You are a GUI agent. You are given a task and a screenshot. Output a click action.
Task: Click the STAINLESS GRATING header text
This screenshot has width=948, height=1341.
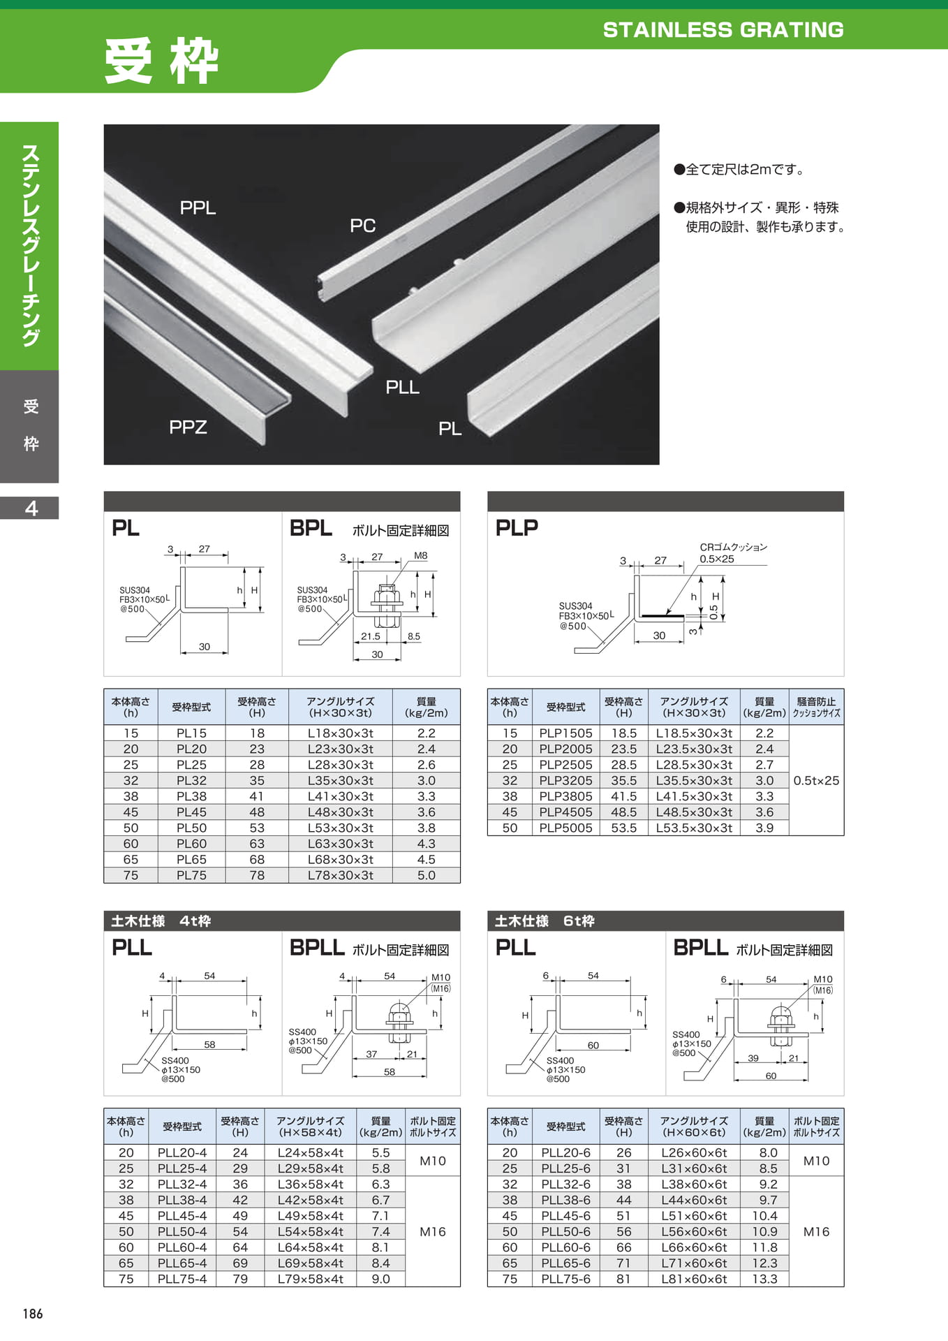tap(723, 30)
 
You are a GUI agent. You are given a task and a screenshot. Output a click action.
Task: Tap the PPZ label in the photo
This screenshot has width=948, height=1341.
tap(188, 427)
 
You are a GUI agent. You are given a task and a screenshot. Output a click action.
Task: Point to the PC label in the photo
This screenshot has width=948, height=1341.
tap(362, 226)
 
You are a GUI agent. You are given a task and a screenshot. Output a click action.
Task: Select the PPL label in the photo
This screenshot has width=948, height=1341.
tap(198, 207)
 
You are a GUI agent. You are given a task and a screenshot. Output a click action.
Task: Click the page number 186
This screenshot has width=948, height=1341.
tap(33, 1314)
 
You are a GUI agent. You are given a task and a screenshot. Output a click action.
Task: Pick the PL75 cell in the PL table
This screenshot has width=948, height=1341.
tap(191, 875)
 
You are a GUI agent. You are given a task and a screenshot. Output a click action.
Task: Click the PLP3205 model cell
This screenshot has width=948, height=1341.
tap(565, 780)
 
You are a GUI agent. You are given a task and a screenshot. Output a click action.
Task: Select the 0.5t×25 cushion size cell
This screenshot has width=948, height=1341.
tap(816, 781)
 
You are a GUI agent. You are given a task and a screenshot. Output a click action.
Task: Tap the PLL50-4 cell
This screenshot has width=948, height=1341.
tap(182, 1231)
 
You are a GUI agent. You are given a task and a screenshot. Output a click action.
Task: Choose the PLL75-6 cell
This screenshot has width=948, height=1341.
tap(565, 1279)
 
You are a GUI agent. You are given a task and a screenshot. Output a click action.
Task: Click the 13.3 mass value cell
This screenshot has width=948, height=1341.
tap(764, 1279)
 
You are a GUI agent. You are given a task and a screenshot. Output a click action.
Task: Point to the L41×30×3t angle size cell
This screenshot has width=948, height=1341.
tap(341, 796)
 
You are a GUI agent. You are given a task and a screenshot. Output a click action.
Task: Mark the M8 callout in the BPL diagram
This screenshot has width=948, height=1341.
tap(420, 556)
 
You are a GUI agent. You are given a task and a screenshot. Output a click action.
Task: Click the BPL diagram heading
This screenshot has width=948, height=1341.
tap(311, 528)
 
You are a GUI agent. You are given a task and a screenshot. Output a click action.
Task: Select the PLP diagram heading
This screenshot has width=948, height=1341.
tap(517, 528)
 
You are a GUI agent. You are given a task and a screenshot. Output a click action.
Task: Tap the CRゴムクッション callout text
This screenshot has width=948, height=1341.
tap(734, 547)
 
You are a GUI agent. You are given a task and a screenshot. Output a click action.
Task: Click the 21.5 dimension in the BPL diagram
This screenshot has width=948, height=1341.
tap(371, 636)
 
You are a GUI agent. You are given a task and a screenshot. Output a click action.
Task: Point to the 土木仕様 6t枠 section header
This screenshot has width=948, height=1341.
tap(545, 921)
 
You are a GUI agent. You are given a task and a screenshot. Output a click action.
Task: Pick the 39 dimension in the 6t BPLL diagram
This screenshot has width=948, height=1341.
tap(753, 1058)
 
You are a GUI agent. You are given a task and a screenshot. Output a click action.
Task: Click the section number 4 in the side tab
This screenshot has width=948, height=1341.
tap(31, 508)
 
